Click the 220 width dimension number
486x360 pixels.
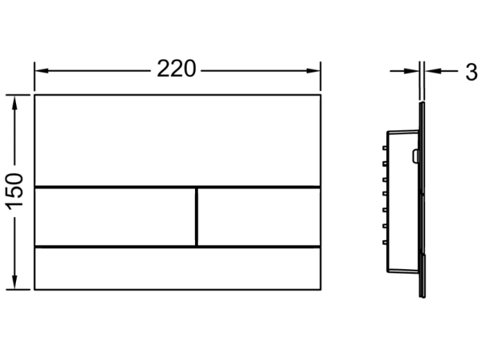point(176,69)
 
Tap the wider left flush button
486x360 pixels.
point(115,216)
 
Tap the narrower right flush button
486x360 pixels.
point(259,216)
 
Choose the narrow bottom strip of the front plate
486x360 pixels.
point(177,268)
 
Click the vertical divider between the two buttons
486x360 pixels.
point(197,216)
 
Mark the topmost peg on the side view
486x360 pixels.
point(384,148)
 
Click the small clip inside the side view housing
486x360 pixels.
point(415,156)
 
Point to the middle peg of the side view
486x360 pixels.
point(384,195)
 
